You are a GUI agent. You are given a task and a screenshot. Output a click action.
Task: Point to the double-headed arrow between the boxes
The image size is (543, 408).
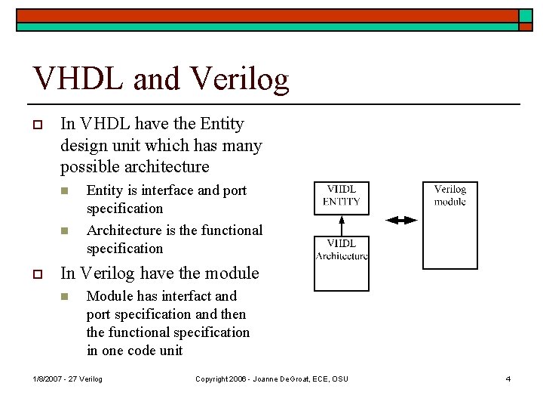(400, 220)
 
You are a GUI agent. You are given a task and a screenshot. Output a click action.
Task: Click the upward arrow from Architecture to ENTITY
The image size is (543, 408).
(341, 225)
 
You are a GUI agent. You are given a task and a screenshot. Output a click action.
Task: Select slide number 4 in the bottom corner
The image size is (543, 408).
(508, 379)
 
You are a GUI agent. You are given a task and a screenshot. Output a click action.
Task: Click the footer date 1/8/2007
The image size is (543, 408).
(48, 379)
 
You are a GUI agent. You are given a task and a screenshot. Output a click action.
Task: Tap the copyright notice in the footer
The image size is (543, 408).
(271, 379)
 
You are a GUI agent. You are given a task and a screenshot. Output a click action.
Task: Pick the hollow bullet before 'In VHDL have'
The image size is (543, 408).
(36, 124)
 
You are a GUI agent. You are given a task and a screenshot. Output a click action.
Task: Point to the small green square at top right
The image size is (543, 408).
(525, 16)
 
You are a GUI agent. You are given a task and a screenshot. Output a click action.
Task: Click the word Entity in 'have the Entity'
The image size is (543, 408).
(219, 123)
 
